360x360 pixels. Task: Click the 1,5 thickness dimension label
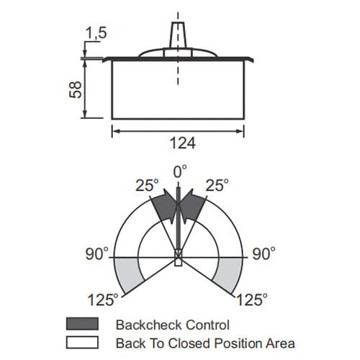96,32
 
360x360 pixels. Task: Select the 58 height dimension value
76,89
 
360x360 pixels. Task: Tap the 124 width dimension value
183,143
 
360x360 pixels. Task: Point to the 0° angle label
180,171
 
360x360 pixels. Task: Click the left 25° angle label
147,185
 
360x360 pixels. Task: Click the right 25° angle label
217,185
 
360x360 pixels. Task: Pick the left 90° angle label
97,253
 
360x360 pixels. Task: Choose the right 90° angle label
264,253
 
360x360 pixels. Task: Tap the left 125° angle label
103,300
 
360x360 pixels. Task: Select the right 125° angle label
252,300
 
